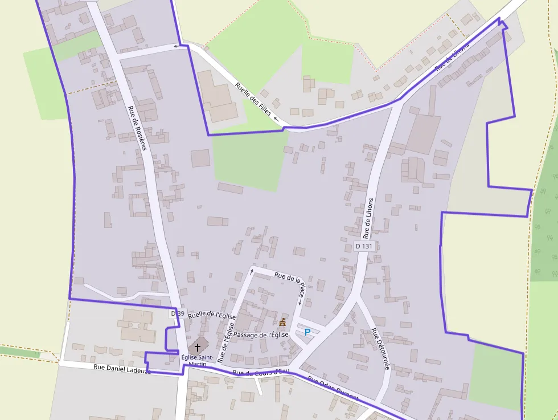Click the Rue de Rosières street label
coord(137,128)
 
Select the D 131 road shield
coord(363,246)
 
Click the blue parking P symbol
coord(307,332)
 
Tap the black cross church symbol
coord(198,346)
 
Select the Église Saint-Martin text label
coord(198,361)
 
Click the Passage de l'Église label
coord(261,335)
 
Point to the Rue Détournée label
coord(380,349)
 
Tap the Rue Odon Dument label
coord(333,389)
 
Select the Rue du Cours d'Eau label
coord(261,373)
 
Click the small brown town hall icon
coord(282,323)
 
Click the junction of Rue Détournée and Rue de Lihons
coord(358,296)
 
